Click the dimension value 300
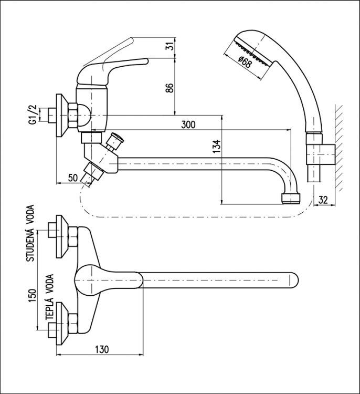tap(188, 125)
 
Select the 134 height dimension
tap(217, 146)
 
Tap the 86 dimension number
tap(170, 88)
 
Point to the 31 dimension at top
tap(171, 46)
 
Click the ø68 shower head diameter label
tap(244, 62)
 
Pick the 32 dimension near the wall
tap(323, 200)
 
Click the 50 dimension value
tap(73, 178)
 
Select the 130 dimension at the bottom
tap(102, 349)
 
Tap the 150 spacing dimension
tap(33, 295)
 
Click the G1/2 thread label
tap(33, 115)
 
